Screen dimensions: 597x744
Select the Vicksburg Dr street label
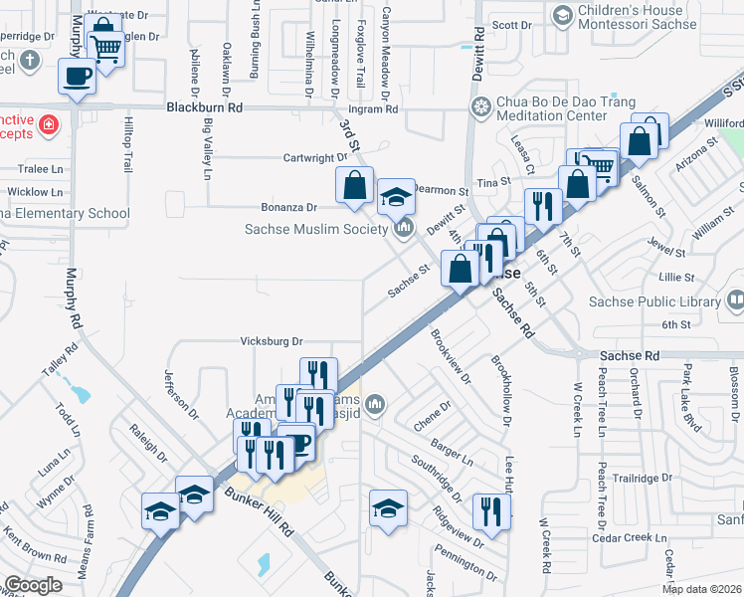pos(272,341)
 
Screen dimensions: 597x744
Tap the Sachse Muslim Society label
pos(315,230)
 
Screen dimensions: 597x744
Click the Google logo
pos(33,585)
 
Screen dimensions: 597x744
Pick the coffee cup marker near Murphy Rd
pos(78,76)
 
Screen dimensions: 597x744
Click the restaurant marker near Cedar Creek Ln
pos(491,510)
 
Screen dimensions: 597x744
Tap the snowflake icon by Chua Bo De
pos(481,106)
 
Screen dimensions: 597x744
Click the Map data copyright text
pos(702,589)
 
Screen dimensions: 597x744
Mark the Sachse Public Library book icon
pos(736,300)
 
